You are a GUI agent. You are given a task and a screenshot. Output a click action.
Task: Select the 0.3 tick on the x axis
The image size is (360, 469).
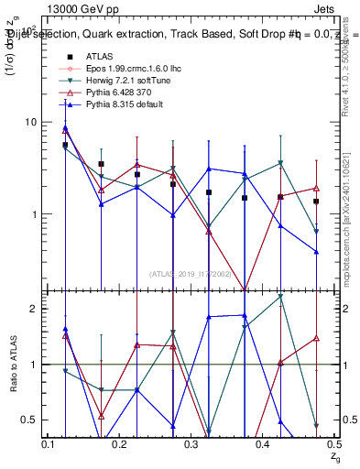(191, 444)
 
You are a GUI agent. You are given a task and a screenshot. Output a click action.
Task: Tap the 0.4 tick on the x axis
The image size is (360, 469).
(262, 444)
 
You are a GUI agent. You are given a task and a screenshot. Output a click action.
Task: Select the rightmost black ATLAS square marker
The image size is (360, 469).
(316, 202)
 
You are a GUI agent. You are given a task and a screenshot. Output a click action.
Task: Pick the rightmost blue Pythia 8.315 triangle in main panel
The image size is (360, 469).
(316, 252)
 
